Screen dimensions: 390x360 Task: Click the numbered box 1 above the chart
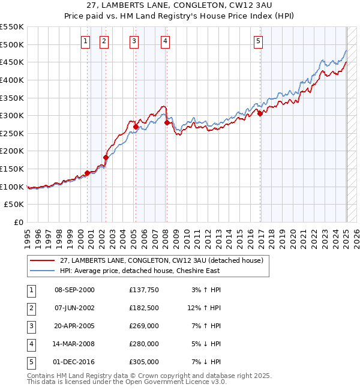click(85, 41)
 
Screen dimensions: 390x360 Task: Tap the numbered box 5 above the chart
click(258, 41)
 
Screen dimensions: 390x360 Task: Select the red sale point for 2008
click(167, 122)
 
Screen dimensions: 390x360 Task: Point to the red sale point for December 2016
click(260, 114)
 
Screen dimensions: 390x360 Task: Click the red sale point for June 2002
click(106, 157)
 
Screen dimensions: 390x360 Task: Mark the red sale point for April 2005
click(136, 127)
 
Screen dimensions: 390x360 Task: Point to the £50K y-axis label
click(14, 205)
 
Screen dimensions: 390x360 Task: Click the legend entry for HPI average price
click(139, 271)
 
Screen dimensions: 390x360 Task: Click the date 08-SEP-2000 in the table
click(74, 290)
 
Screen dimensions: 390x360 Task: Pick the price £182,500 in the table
click(144, 308)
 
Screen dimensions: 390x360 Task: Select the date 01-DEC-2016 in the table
click(74, 362)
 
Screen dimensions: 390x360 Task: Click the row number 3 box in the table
click(31, 326)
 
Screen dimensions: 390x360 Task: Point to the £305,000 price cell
click(144, 362)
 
